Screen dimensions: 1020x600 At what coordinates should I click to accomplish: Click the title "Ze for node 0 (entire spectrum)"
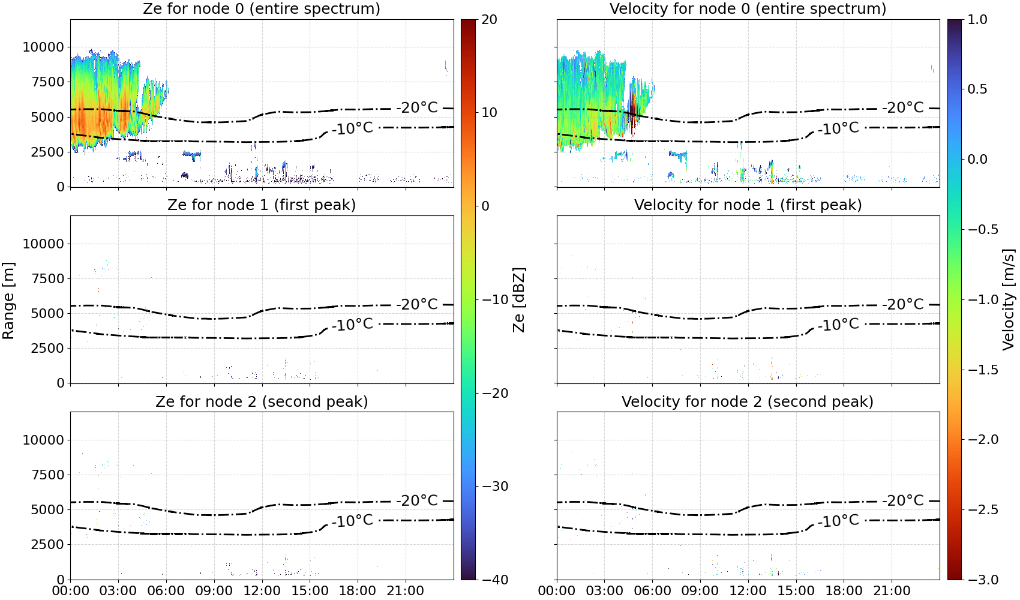[262, 8]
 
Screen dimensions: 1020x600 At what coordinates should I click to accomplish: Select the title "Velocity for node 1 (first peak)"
[748, 205]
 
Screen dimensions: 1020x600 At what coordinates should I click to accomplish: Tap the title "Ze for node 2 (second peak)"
[262, 401]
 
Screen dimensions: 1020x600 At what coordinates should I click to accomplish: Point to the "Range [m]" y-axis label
[8, 301]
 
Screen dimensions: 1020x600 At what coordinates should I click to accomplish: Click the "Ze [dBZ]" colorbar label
[518, 299]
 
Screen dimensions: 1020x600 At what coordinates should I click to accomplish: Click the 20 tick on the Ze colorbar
[489, 20]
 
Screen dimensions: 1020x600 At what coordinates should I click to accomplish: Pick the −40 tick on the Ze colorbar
[494, 580]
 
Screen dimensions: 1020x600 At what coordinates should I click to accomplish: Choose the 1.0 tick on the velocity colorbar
[977, 20]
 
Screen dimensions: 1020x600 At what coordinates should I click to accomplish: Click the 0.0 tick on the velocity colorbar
[977, 160]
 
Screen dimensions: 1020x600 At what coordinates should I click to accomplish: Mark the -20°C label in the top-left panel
[416, 107]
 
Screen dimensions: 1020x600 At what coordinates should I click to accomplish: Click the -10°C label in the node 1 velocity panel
[838, 324]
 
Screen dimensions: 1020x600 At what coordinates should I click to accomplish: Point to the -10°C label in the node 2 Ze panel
[352, 520]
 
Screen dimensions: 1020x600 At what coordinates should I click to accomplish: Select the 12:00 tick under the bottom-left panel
[262, 590]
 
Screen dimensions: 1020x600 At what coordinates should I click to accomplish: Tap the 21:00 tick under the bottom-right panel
[892, 590]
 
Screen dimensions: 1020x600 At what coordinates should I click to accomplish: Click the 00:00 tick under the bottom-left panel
[71, 590]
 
